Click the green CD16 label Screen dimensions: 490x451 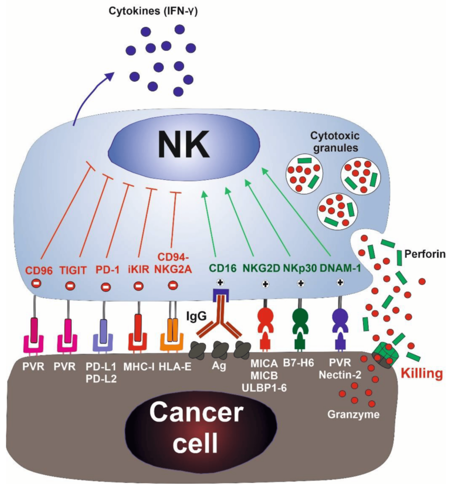click(221, 270)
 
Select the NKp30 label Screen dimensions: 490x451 click(301, 270)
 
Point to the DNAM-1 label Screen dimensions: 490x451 click(340, 270)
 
